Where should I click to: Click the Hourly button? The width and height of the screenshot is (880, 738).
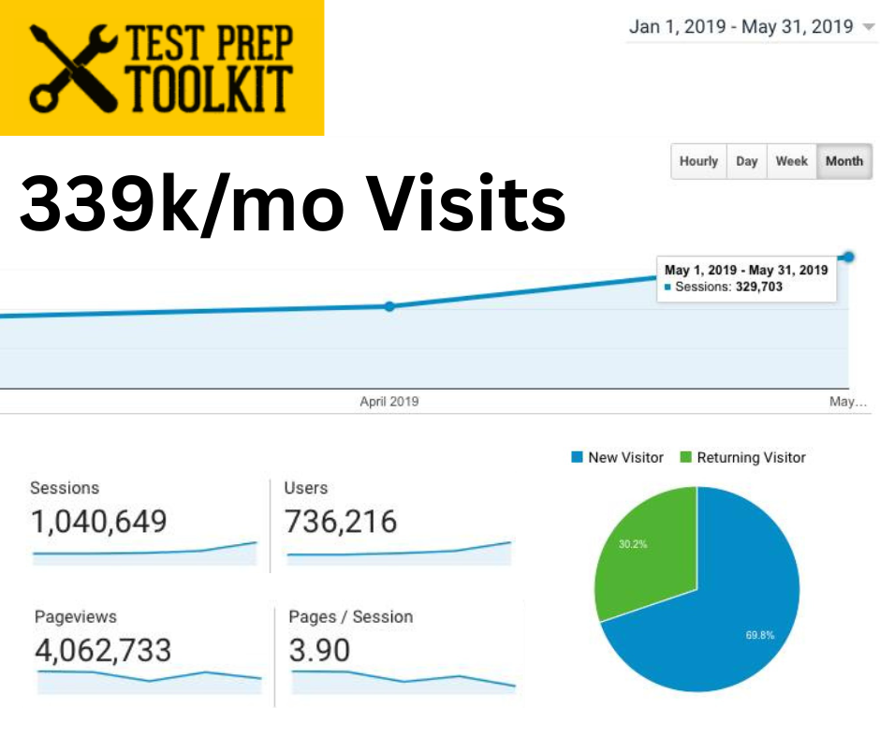click(698, 161)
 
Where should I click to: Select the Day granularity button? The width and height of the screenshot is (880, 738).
click(746, 161)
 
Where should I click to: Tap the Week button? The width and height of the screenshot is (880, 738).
click(791, 161)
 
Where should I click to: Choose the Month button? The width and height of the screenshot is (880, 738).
click(843, 161)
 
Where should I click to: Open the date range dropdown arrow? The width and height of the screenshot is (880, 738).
click(868, 27)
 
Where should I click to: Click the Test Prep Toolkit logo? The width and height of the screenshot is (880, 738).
click(161, 67)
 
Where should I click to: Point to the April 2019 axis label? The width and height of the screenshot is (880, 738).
click(389, 402)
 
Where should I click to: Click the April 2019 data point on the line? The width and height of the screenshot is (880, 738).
click(389, 306)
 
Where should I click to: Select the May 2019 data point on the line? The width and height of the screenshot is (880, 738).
click(849, 257)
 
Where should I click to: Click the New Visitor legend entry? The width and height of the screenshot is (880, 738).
click(617, 458)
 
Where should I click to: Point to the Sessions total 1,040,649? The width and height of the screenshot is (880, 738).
click(98, 522)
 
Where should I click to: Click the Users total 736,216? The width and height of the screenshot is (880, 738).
click(341, 522)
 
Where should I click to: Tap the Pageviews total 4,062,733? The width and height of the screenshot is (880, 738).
click(103, 649)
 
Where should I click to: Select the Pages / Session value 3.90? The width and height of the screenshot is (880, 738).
click(319, 649)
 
